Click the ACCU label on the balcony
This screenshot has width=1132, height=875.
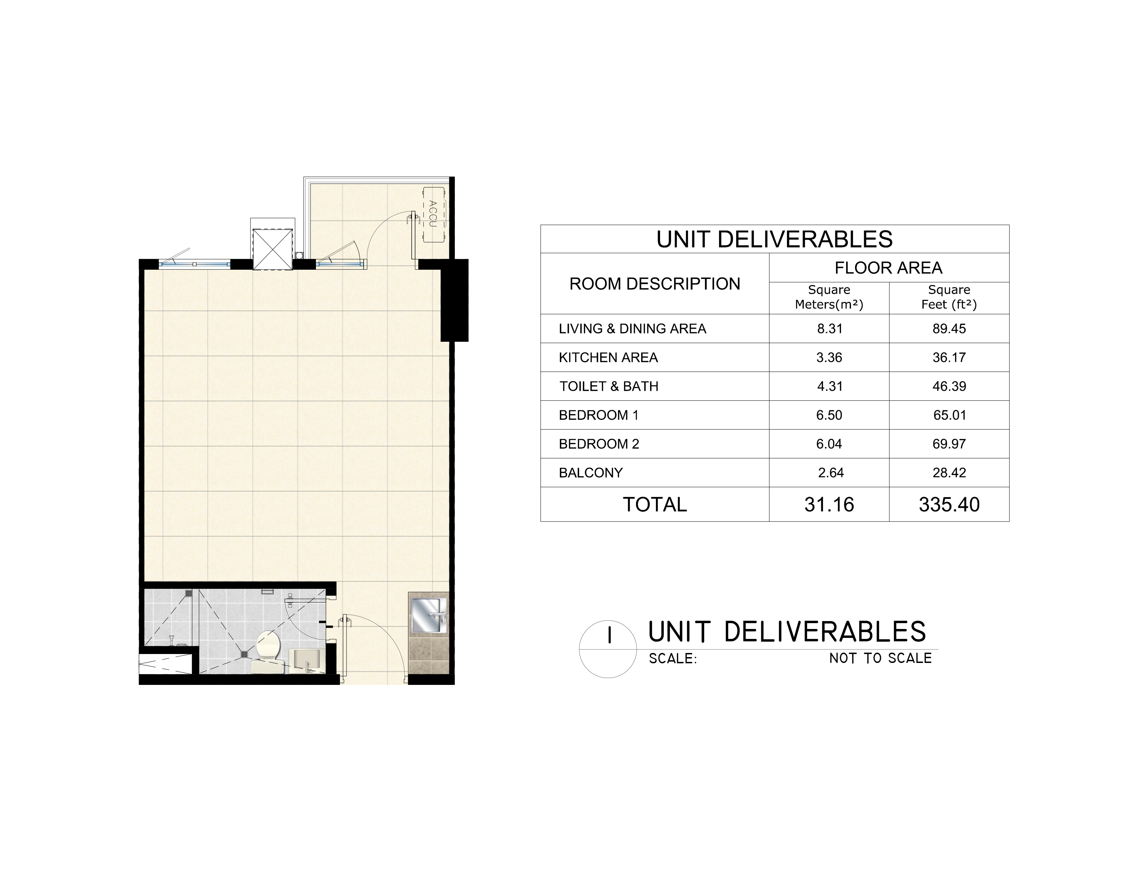[x=433, y=213]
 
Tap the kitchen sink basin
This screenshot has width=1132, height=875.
[x=428, y=615]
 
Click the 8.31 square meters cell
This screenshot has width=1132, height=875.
[x=829, y=329]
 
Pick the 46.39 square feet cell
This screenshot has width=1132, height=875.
[x=949, y=386]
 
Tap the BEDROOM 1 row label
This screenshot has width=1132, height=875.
[x=599, y=415]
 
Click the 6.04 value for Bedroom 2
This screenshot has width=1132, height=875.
[x=829, y=444]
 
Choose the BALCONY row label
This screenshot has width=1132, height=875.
[x=590, y=473]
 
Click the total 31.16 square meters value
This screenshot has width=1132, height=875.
[x=829, y=504]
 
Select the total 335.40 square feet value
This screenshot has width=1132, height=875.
[x=949, y=504]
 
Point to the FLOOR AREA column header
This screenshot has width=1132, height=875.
[x=888, y=268]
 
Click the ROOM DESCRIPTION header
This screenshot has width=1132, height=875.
[x=655, y=284]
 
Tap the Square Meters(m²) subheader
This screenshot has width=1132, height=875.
[x=829, y=297]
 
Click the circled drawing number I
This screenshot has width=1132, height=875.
[x=609, y=635]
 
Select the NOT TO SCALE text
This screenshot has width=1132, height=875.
[x=880, y=658]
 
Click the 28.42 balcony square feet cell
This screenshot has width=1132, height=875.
[x=949, y=473]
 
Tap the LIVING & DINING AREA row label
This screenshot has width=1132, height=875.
[x=632, y=329]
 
